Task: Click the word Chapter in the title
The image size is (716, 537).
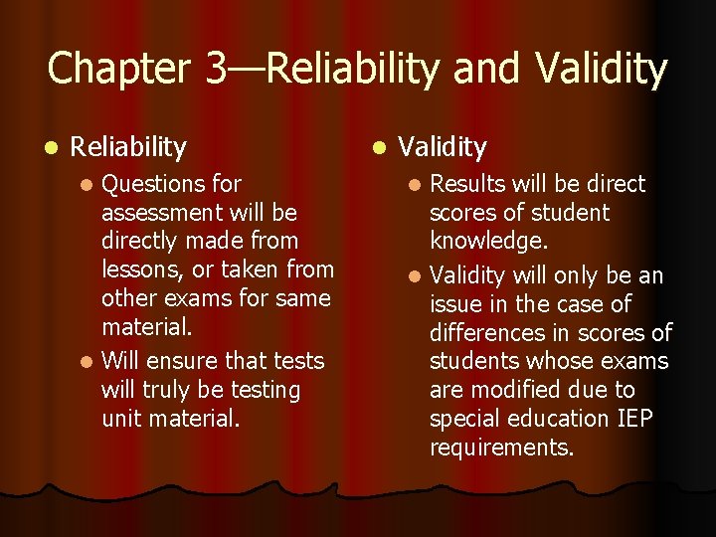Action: click(119, 69)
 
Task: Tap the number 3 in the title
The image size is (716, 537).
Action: click(216, 69)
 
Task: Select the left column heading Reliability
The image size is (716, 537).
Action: click(128, 148)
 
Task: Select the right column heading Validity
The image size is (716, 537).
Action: click(443, 148)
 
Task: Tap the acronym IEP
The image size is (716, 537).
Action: click(632, 419)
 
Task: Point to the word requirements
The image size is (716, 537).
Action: click(501, 447)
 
